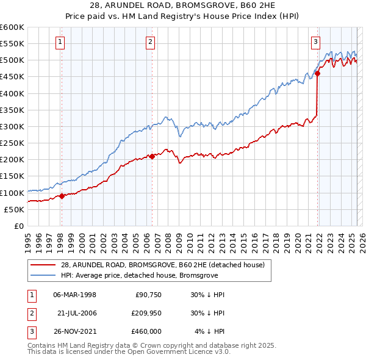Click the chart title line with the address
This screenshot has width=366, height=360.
pos(182,6)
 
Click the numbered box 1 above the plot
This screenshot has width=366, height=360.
pos(61,42)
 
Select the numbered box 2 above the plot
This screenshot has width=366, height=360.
pos(150,42)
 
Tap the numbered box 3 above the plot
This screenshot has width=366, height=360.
pos(315,42)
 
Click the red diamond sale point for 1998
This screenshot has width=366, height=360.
pos(62,196)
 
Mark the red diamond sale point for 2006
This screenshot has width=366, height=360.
pos(152,156)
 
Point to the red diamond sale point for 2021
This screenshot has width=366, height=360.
pos(317,74)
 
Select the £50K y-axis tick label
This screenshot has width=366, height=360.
pos(14,209)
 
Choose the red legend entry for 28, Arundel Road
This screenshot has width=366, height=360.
pos(162,265)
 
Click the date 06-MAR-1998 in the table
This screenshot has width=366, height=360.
pos(74,294)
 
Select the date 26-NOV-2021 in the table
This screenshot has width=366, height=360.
pos(75,331)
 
